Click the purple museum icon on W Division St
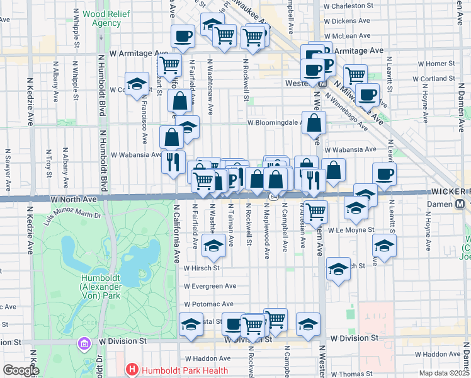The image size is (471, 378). click(x=84, y=344)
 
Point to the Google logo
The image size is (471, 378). click(x=21, y=370)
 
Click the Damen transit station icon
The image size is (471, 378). click(x=461, y=205)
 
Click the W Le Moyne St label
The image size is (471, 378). click(x=351, y=231)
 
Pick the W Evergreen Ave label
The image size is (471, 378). click(x=210, y=285)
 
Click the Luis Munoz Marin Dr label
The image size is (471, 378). click(x=72, y=215)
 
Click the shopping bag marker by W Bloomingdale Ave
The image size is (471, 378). click(x=313, y=123)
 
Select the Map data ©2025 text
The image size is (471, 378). click(x=444, y=373)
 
